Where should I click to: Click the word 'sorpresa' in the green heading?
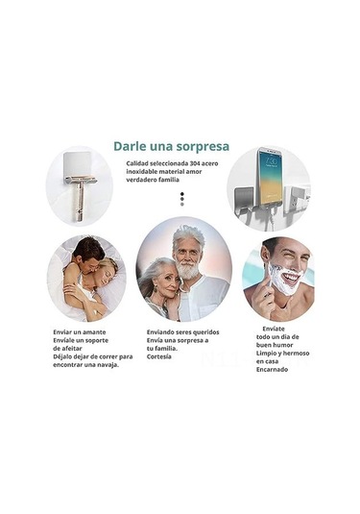coord(203,147)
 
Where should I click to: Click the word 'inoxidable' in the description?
coord(142,171)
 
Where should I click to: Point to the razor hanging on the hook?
coord(80,197)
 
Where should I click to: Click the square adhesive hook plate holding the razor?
coord(78,165)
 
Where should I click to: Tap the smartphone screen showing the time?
coord(271,177)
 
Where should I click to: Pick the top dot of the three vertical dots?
coord(182,194)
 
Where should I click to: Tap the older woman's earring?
coord(156,288)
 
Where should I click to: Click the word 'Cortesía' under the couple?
coord(158,356)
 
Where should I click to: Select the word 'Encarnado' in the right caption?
coord(272,370)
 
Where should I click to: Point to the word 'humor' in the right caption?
coord(283,345)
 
